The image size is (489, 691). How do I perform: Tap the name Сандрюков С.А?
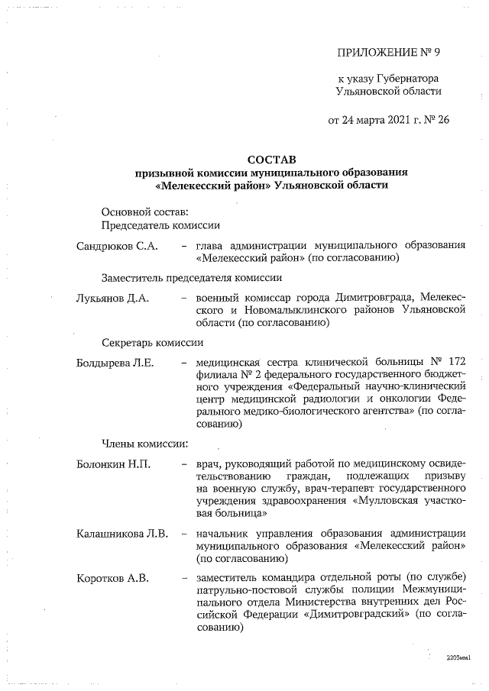pos(117,246)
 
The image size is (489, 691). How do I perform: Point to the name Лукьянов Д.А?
pos(112,299)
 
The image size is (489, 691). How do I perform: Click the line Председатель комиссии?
pos(161,225)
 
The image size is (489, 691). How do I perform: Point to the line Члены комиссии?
pos(140,443)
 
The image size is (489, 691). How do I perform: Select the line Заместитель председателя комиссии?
pos(192,278)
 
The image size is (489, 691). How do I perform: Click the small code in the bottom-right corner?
pos(458,657)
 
